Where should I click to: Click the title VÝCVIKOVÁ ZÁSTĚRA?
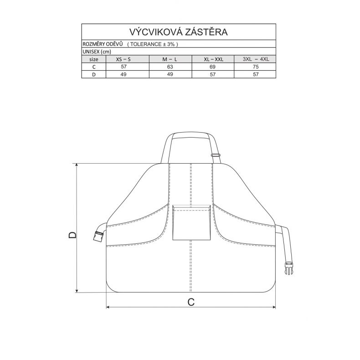[x=178, y=32]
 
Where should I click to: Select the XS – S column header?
[x=123, y=59]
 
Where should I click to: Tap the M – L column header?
[x=170, y=59]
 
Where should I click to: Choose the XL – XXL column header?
[x=214, y=59]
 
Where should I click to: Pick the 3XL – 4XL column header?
[x=256, y=59]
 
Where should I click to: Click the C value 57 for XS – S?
[x=123, y=67]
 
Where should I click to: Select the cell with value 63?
[x=170, y=67]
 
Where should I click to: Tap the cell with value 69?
[x=213, y=67]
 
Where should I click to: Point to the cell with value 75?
[x=256, y=67]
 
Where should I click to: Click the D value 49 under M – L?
[x=170, y=74]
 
